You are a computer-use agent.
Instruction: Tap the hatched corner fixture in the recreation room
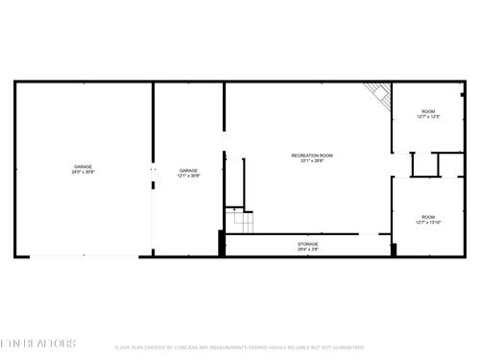378,94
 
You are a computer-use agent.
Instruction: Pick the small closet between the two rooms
424,165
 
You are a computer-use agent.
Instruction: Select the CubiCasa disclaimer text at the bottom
239,348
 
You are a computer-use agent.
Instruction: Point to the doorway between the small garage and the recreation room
225,144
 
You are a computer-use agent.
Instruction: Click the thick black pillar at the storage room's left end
223,244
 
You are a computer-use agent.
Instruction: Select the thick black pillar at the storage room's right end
393,250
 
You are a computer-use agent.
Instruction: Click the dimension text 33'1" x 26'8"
312,160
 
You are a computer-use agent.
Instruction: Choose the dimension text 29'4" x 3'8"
307,250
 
